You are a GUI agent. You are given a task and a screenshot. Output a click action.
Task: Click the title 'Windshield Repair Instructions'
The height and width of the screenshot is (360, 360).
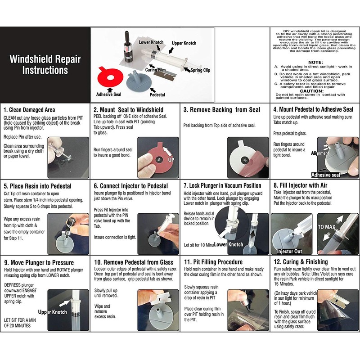45,65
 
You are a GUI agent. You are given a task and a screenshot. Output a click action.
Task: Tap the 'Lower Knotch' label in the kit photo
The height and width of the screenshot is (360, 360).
151,42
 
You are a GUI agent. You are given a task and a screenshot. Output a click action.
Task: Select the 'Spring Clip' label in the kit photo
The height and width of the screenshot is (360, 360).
200,70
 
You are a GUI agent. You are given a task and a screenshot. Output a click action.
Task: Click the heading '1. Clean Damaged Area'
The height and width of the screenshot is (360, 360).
29,110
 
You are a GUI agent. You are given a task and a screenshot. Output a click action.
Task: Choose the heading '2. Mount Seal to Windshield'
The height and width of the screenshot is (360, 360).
128,110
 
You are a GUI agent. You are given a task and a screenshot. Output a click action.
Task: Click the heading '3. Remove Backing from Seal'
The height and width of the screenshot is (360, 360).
222,110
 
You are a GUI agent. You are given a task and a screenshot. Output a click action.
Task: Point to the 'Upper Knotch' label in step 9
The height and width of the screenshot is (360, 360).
53,312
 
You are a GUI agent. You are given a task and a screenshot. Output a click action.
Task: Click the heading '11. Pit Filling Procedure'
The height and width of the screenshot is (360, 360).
213,262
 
